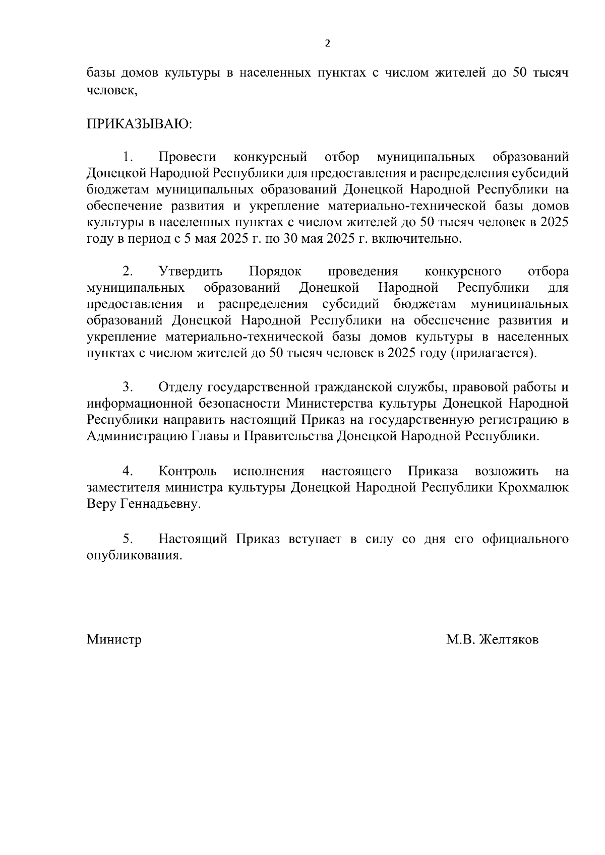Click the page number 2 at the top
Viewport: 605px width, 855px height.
coord(328,44)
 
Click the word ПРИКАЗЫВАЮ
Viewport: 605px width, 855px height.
coord(139,124)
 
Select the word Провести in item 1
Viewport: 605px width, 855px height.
coord(187,157)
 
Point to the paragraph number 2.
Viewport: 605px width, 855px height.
coord(128,272)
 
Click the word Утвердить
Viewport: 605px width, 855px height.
coord(191,272)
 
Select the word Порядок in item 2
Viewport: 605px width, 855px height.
coord(275,272)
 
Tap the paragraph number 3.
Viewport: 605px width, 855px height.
coord(128,387)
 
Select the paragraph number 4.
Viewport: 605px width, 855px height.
coord(128,472)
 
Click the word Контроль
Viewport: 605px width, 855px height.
coord(188,472)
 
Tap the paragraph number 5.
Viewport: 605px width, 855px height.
coord(128,540)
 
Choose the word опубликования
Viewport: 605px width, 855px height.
coord(133,556)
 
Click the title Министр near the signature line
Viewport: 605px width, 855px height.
coord(114,640)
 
